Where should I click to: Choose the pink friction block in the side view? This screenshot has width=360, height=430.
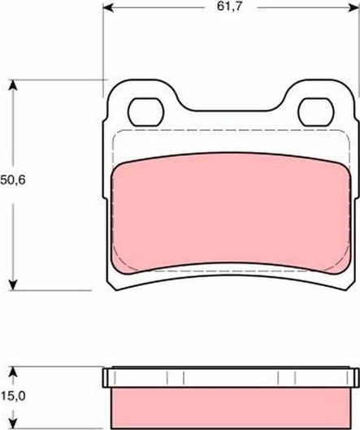(230, 403)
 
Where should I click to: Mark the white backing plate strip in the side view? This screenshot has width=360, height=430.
(230, 377)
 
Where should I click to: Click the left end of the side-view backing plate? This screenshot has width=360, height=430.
(106, 377)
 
